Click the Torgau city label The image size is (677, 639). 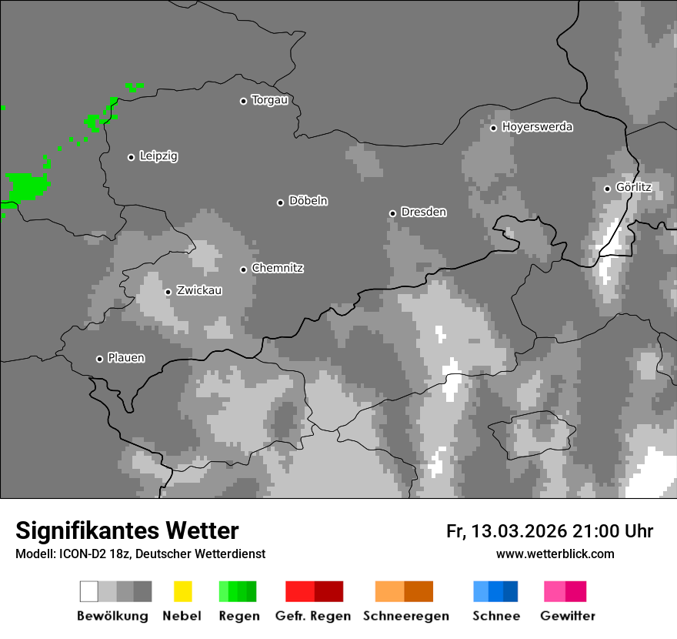[269, 100]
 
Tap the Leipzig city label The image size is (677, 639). [158, 156]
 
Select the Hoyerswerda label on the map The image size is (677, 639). [537, 127]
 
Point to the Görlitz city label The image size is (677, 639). [634, 187]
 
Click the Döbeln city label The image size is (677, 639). [308, 201]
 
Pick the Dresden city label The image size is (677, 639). [423, 212]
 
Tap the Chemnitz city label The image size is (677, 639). [278, 268]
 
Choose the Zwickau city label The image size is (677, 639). [199, 291]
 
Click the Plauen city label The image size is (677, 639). [126, 358]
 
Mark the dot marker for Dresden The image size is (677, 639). [392, 213]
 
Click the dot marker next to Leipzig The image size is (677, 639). [131, 157]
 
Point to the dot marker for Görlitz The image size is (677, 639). [607, 189]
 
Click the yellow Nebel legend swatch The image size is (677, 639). [182, 591]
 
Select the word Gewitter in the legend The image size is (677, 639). [568, 616]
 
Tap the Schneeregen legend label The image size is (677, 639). [406, 616]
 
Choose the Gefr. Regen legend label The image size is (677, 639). [313, 616]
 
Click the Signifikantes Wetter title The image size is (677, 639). [127, 530]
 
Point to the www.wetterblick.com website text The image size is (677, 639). [555, 554]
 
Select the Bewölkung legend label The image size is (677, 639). [112, 616]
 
